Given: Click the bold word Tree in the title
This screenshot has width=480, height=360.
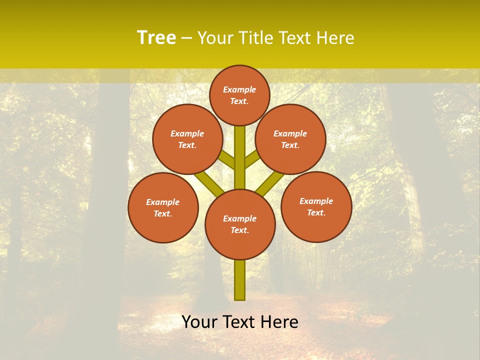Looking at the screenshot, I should pos(156,38).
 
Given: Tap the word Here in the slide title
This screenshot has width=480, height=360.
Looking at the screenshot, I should pos(334,38).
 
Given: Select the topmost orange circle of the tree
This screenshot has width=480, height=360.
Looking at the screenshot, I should pos(239,95).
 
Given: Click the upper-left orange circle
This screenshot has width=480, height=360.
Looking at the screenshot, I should pos(187,139).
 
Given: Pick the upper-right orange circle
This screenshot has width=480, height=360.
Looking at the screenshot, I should pos(290,139).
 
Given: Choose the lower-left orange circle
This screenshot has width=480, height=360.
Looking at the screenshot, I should pos(163,207).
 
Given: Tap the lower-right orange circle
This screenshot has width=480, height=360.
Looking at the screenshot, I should pos(316,206).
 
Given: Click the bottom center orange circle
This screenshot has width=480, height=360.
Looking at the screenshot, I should pos(240,224).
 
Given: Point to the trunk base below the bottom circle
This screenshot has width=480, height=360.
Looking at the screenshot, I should pos(240,280).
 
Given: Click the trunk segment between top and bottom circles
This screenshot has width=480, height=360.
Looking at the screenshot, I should pos(240,157).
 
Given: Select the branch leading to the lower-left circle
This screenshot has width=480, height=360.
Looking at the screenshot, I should pos(208,182).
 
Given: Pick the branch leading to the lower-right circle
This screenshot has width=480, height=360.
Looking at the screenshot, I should pos(270,183).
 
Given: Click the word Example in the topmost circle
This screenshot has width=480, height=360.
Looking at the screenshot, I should pos(239,89).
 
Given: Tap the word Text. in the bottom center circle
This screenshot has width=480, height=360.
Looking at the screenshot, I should pos(239,230).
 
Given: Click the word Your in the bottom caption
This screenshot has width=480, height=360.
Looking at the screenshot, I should pos(199,322).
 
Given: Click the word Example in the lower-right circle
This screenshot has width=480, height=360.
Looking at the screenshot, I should pos(316,201).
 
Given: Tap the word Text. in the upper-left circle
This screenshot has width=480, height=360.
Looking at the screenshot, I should pos(187,145).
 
